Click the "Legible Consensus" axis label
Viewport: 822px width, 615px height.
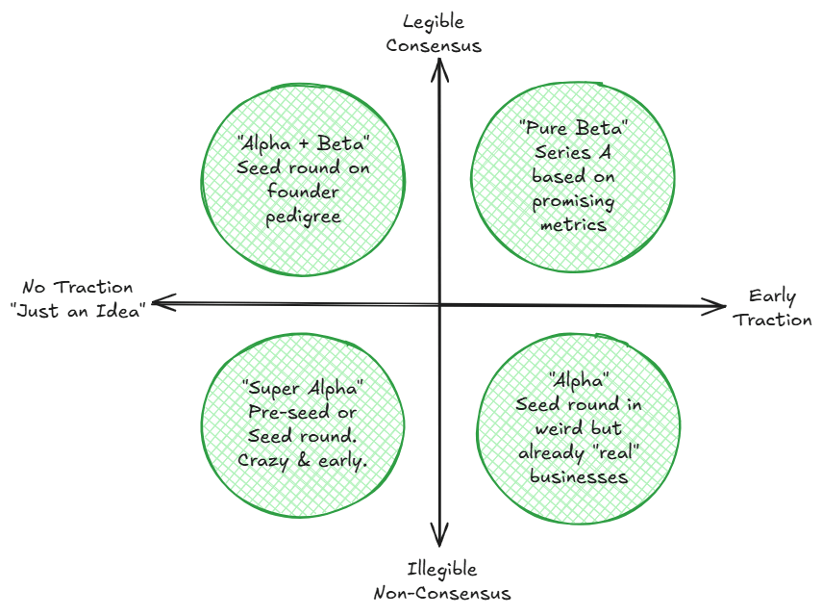click(x=440, y=33)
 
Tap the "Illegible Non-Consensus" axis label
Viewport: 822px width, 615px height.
click(x=441, y=581)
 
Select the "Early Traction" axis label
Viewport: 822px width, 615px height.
click(x=773, y=308)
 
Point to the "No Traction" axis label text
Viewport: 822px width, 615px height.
click(x=79, y=287)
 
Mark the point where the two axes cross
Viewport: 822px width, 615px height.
click(x=440, y=305)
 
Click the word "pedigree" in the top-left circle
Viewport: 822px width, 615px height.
click(x=304, y=218)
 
